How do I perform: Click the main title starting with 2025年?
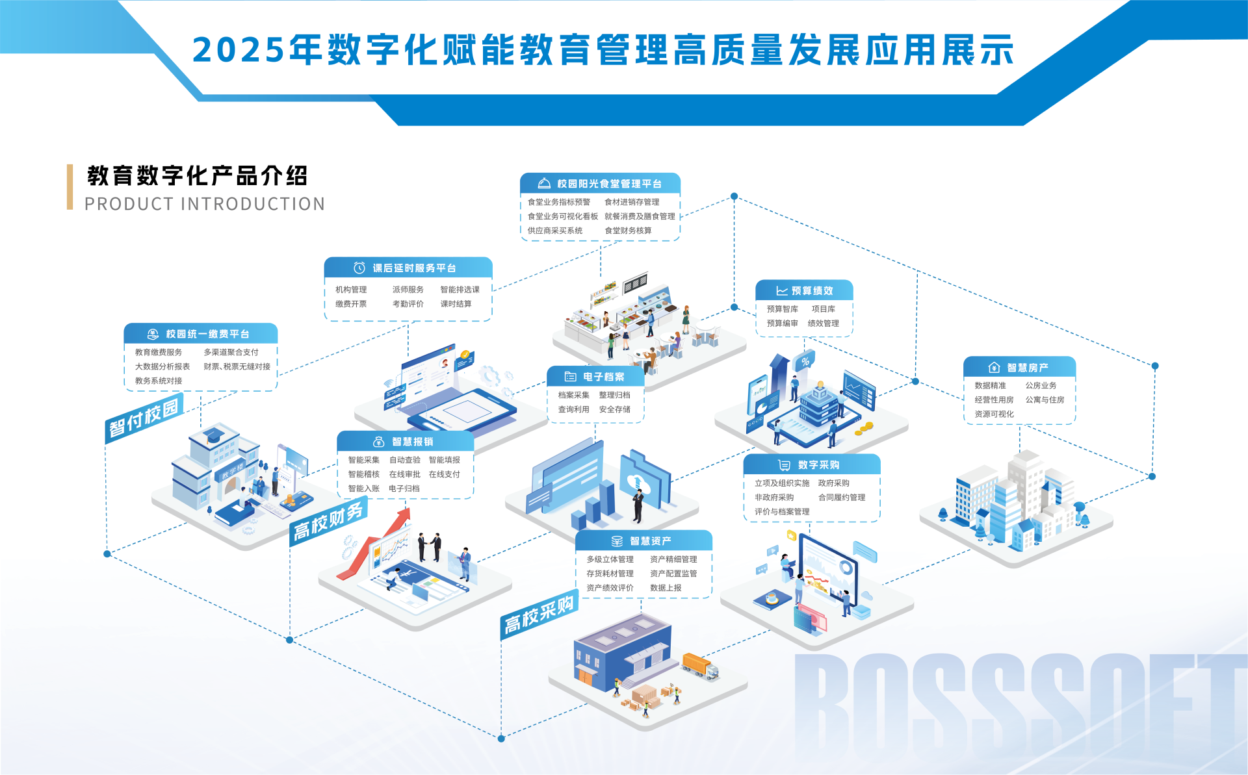coord(603,50)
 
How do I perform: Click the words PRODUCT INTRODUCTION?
coord(205,204)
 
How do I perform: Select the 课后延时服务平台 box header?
coord(408,268)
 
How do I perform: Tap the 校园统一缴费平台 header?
coord(201,334)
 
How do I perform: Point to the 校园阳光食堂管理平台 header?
coord(600,184)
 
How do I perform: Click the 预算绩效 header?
coord(804,290)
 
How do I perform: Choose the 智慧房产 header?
coord(1019,368)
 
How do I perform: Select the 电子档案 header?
coord(595,377)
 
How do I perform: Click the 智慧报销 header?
coord(405,442)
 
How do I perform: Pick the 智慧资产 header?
coord(643,540)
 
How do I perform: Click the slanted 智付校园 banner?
coord(144,419)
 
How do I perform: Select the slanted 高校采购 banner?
coord(539,615)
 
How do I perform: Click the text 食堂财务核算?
coord(628,231)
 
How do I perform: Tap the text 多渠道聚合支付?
coord(231,352)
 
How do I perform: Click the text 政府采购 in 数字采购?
coord(833,483)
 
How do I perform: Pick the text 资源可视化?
coord(994,414)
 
